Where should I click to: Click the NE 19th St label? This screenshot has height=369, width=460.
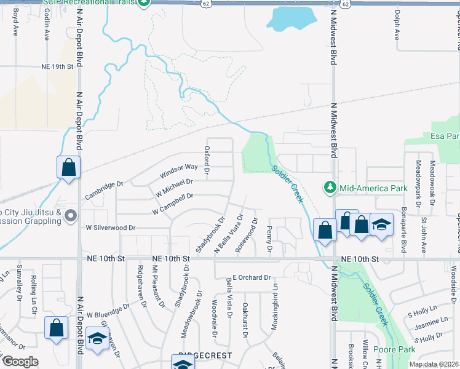pos(57,66)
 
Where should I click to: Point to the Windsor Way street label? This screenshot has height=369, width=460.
pos(179,170)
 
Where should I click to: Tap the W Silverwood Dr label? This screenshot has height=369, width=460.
pos(110,228)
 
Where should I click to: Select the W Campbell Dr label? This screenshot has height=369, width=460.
pos(173,204)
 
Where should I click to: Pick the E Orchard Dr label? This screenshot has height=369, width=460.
pos(251,277)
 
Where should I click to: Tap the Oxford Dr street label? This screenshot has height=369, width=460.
pos(207,159)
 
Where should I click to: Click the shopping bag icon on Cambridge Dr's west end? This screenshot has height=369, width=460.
pos(69,167)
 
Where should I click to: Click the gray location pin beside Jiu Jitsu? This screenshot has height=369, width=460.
pos(71,215)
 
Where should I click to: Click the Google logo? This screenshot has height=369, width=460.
pos(20,362)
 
